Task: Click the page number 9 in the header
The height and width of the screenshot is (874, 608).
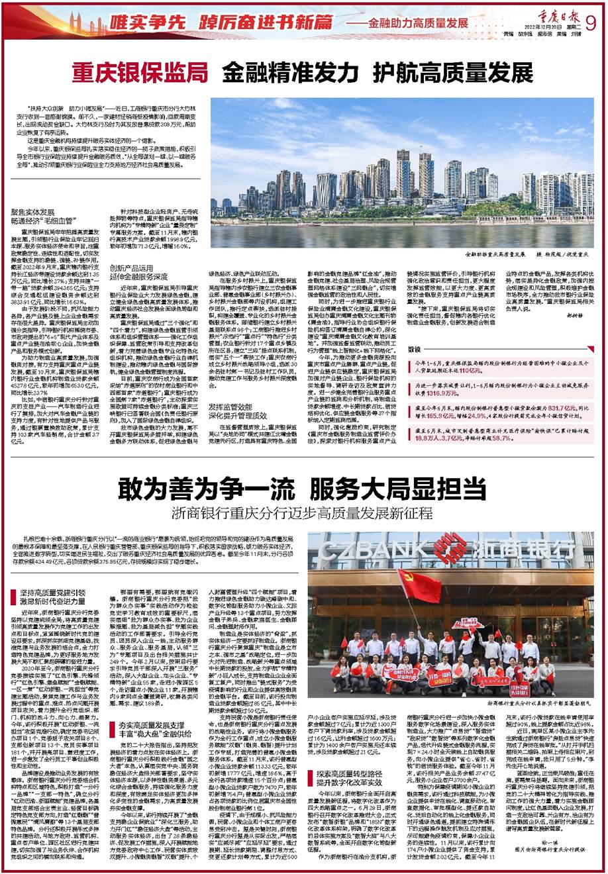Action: tap(591, 22)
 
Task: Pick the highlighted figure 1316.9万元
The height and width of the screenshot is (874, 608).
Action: tap(450, 393)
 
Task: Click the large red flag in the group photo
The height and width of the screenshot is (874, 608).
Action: tap(420, 585)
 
